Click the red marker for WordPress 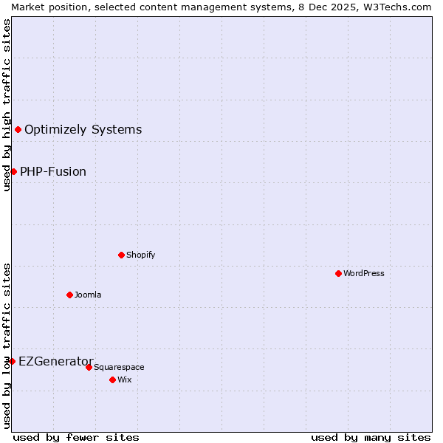coord(338,273)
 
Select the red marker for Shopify coord(121,255)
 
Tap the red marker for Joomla coord(69,295)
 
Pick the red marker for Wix coord(112,380)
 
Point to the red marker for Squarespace coord(89,367)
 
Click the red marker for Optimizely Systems coord(18,130)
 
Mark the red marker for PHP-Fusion coord(13,172)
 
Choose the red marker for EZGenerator coord(12,361)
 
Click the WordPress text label coord(364,273)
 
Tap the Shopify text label coord(140,255)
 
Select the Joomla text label coord(88,295)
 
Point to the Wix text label coord(124,380)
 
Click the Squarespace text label coord(119,367)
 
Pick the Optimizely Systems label coord(83,130)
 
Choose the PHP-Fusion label coord(53,172)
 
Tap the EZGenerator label coord(56,361)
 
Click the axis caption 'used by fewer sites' coord(76,437)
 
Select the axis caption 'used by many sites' coord(371,437)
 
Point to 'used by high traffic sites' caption coord(7,105)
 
